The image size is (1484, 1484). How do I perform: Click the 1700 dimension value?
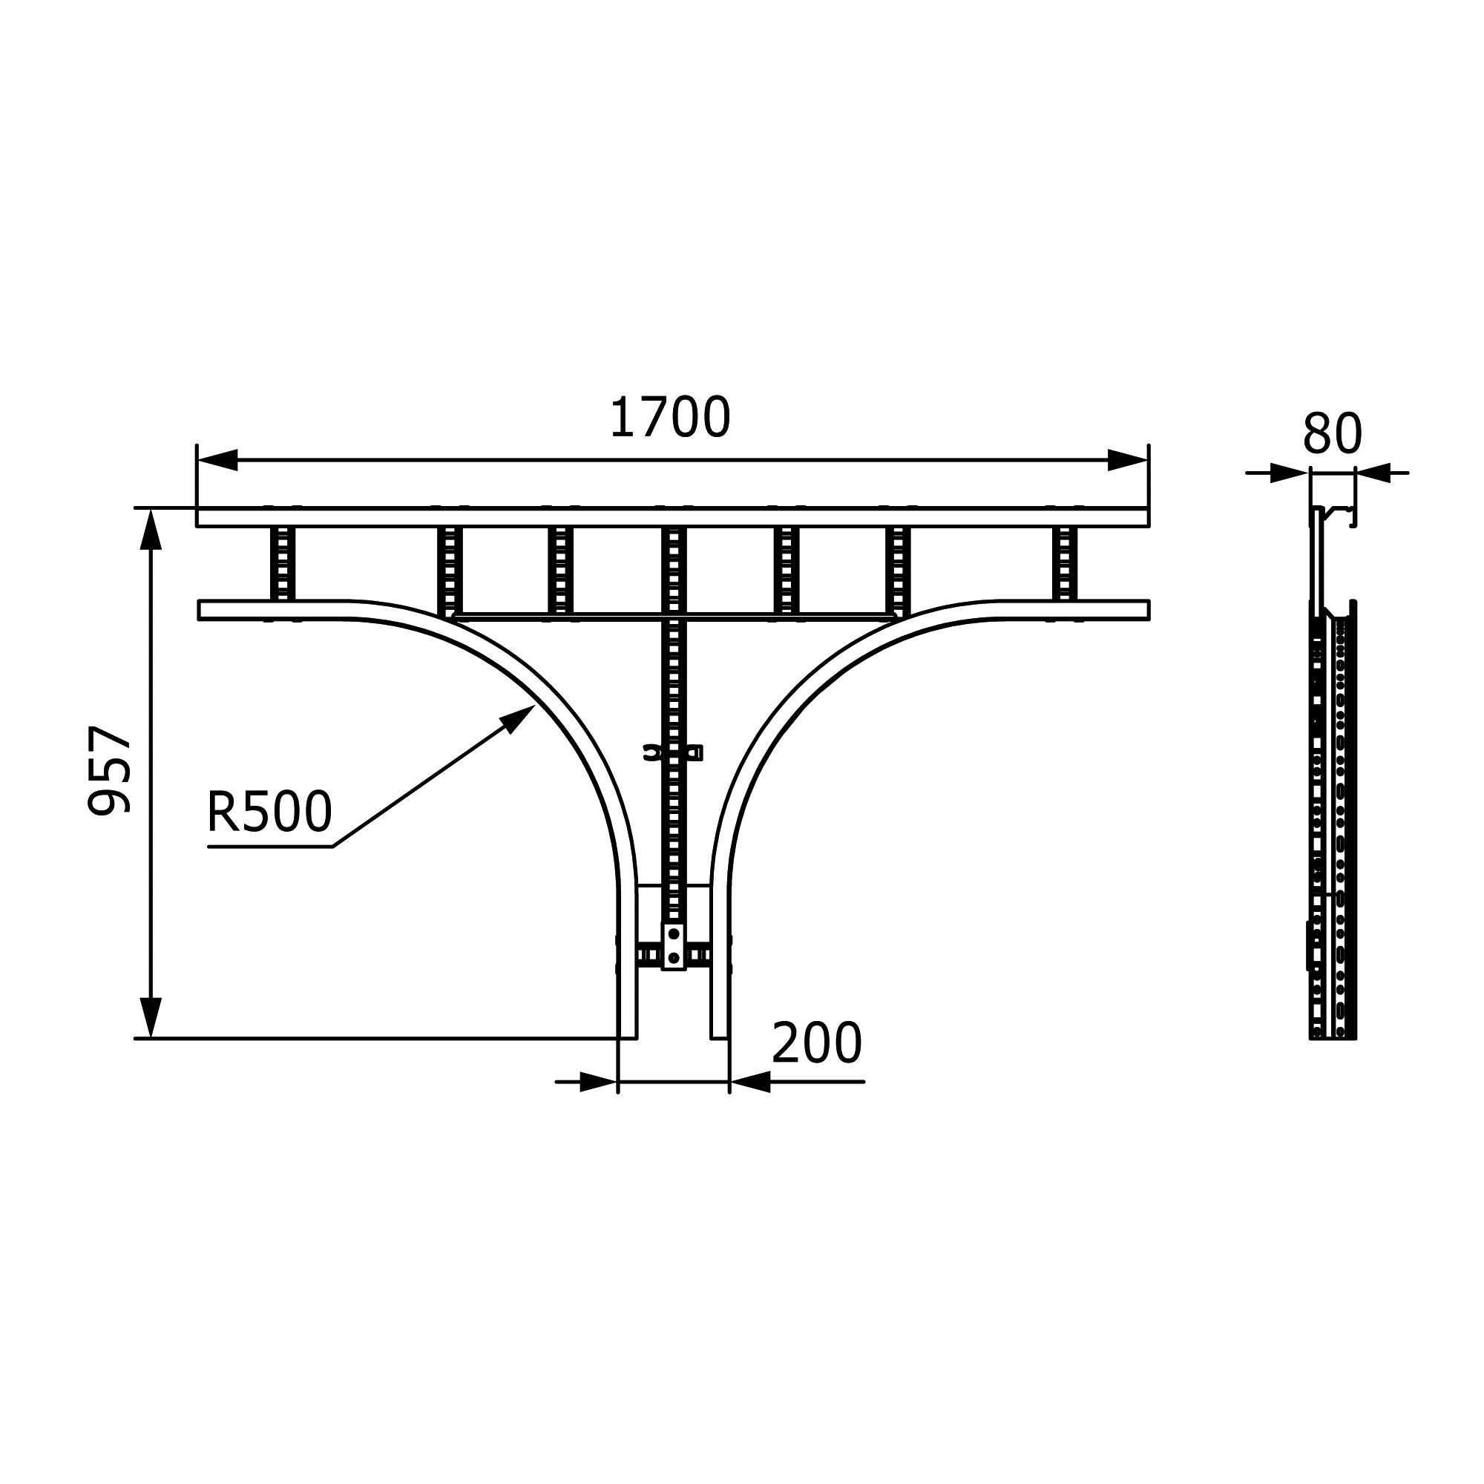670,418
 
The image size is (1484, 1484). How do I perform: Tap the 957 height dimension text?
110,769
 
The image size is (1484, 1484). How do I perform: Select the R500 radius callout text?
269,812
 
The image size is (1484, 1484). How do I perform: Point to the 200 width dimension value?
816,1043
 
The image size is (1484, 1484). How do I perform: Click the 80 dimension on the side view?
1332,434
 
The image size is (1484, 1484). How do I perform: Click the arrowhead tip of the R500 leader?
534,705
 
